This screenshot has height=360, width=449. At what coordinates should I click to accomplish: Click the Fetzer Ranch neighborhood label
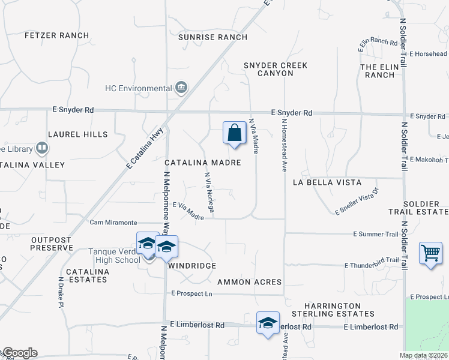tap(57, 35)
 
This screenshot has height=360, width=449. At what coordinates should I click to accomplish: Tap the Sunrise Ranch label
tap(212, 37)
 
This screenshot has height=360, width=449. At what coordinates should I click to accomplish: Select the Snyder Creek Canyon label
tap(276, 69)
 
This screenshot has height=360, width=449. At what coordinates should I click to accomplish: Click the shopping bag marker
tap(234, 133)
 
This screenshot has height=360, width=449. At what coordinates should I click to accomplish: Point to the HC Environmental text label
tap(139, 88)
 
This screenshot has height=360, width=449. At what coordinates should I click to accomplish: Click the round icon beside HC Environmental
tap(181, 89)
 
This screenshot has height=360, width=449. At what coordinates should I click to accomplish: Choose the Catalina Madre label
tap(203, 163)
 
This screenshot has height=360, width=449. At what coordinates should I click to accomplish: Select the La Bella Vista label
tap(327, 182)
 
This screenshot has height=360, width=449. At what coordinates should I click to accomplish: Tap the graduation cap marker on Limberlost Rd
tap(268, 323)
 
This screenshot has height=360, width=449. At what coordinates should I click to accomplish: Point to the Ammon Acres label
tap(249, 281)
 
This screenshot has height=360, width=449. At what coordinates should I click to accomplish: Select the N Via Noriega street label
tap(209, 192)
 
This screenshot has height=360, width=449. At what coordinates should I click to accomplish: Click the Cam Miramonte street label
tap(113, 222)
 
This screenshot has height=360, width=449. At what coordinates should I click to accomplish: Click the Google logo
tap(19, 353)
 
